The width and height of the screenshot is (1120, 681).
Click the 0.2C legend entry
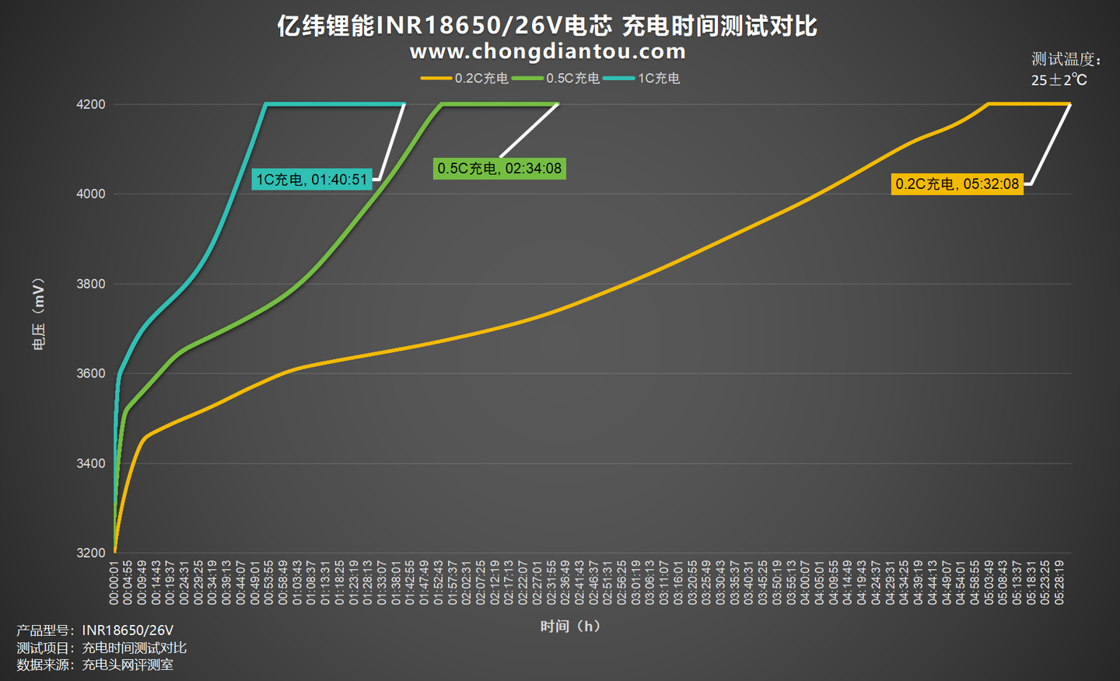click(x=465, y=79)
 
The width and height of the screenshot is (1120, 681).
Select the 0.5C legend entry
click(x=557, y=79)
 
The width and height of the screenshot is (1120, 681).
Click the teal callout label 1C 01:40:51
click(x=312, y=180)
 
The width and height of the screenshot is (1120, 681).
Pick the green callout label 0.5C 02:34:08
click(x=499, y=168)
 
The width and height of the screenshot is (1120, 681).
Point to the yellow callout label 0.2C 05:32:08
click(x=957, y=184)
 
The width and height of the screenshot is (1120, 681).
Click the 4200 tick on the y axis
click(x=91, y=104)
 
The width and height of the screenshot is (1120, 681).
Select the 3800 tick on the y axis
click(x=91, y=284)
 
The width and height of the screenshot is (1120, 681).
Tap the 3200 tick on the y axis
click(x=91, y=553)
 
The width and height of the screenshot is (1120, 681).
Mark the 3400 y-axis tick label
click(x=91, y=463)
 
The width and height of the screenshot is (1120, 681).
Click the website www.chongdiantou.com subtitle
click(x=548, y=52)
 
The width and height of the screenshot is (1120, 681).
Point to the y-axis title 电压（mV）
click(x=38, y=315)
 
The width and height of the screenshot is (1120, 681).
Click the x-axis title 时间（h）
click(x=570, y=626)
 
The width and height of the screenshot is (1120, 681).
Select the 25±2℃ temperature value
click(x=1059, y=80)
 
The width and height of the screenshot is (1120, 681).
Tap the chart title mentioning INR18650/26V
click(x=547, y=26)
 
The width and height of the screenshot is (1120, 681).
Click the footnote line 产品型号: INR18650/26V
click(x=95, y=630)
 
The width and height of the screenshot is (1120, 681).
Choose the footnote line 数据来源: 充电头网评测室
click(x=95, y=665)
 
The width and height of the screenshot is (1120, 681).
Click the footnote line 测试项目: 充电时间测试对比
click(x=101, y=648)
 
